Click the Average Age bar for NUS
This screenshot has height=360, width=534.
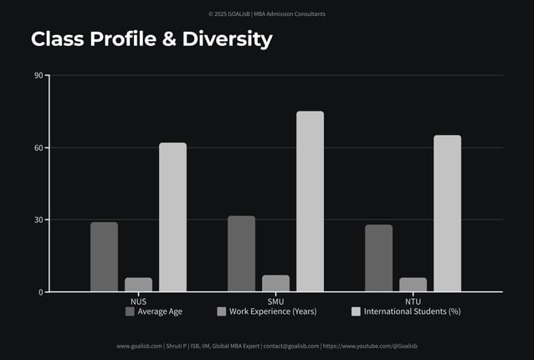point(105,257)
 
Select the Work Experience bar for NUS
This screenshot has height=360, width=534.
point(139,285)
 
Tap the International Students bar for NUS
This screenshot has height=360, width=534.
point(172,218)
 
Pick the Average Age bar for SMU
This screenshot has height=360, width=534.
point(241,254)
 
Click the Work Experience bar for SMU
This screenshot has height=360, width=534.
point(275,284)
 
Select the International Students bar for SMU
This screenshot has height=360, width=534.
point(310,202)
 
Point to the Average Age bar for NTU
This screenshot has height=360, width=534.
point(378,258)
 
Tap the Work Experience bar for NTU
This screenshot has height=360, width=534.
point(413,285)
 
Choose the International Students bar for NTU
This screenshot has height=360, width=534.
point(447,213)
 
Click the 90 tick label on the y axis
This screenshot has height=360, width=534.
point(39,76)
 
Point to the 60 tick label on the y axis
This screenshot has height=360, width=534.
point(39,148)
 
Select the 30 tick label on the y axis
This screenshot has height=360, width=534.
point(39,220)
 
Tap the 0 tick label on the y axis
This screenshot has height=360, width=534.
point(41,292)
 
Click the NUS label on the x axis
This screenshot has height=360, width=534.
point(138,301)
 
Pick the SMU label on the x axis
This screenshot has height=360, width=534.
point(275,301)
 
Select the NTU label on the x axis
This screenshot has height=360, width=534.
point(413,301)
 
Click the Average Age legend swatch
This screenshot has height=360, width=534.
point(130,311)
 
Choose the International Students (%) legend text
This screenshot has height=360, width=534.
point(412,311)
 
